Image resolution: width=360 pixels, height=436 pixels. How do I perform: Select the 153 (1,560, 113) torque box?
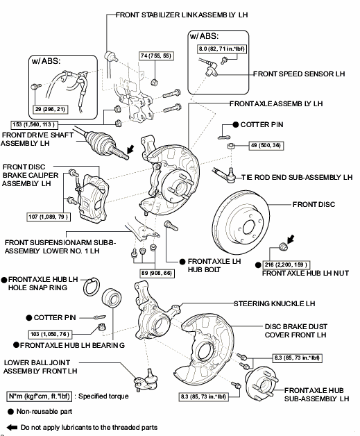[x=34, y=124]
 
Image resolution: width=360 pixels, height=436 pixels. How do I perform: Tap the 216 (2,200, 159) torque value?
[x=286, y=265]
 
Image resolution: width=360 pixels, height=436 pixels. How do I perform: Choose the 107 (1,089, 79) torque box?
[x=49, y=217]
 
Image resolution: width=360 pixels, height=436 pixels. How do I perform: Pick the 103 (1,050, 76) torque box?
[x=50, y=334]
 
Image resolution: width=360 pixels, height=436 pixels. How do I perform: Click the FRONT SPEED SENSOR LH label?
[x=299, y=74]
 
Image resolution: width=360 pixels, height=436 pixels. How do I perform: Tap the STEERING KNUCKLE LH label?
[x=275, y=303]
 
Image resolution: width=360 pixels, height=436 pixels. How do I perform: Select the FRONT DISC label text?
[x=314, y=204]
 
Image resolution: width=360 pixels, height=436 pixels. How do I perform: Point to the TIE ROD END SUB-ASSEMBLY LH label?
[x=297, y=178]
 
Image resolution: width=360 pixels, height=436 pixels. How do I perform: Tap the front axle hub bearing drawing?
[x=112, y=299]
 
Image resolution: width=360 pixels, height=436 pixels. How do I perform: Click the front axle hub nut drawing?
[x=282, y=246]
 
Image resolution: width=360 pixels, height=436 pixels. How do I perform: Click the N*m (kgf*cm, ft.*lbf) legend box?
[x=39, y=396]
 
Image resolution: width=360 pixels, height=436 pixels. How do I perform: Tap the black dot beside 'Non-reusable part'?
[x=10, y=412]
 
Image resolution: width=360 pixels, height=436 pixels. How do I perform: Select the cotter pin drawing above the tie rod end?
[x=225, y=137]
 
